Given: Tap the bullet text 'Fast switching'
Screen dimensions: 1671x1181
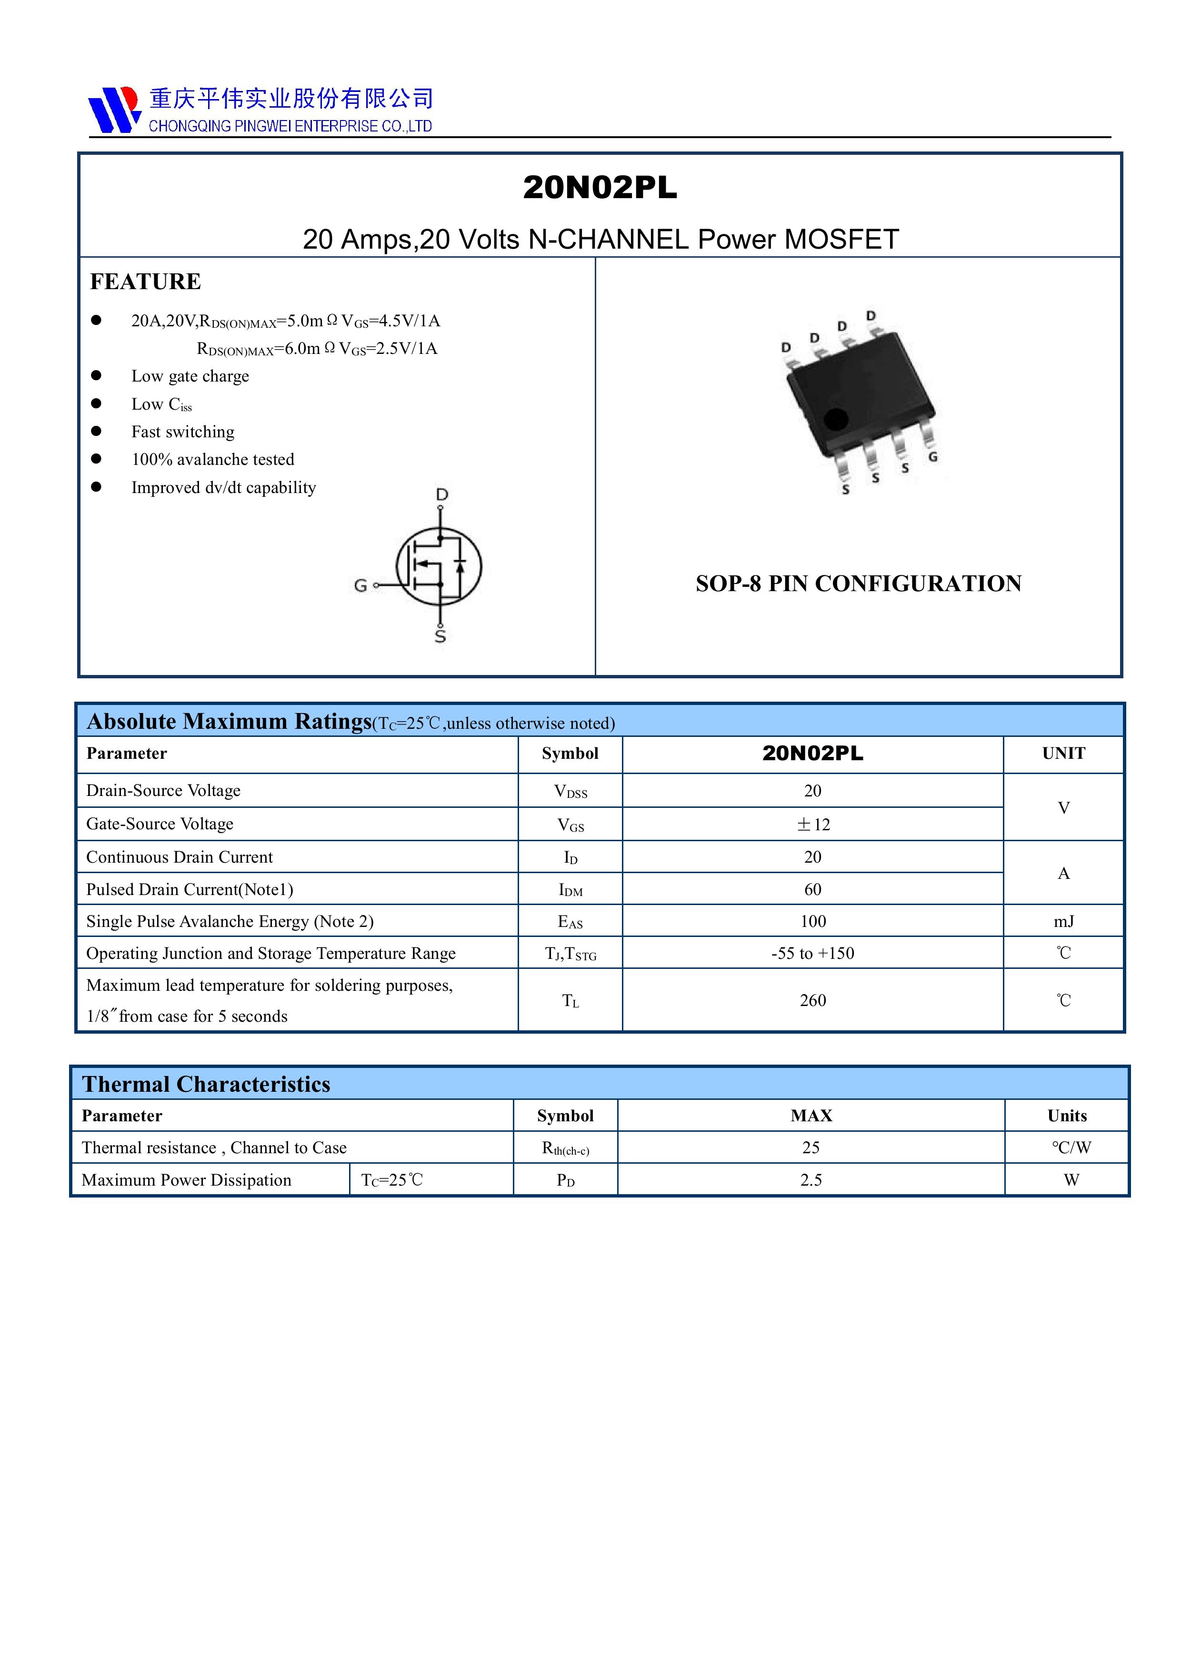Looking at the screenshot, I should click(x=183, y=432).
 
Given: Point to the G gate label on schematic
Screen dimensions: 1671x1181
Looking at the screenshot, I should click(x=360, y=585).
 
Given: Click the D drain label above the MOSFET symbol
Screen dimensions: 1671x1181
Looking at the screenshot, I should click(x=442, y=495).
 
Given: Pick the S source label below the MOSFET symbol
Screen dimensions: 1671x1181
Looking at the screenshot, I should click(x=440, y=636).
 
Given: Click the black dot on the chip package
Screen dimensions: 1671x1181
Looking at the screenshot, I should click(x=835, y=419).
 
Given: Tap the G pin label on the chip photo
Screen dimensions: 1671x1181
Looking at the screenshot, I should click(x=932, y=457).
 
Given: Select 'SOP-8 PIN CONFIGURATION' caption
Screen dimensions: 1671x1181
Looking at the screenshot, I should click(x=858, y=584).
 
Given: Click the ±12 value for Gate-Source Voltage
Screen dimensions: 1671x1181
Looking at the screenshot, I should click(x=813, y=825).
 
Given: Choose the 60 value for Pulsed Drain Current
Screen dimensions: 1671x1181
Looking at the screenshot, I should click(x=813, y=889).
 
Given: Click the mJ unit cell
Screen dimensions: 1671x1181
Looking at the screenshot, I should click(x=1063, y=921).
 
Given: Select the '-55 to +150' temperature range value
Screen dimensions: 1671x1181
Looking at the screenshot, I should click(x=813, y=954).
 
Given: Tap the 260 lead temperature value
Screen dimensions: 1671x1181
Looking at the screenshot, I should click(x=813, y=1001).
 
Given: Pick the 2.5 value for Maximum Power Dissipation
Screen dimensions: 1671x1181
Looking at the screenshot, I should click(x=811, y=1180).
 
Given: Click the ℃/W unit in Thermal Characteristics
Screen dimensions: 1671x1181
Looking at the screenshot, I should click(x=1071, y=1148).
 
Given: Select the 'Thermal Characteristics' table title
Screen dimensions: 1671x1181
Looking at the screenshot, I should click(x=206, y=1085).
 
